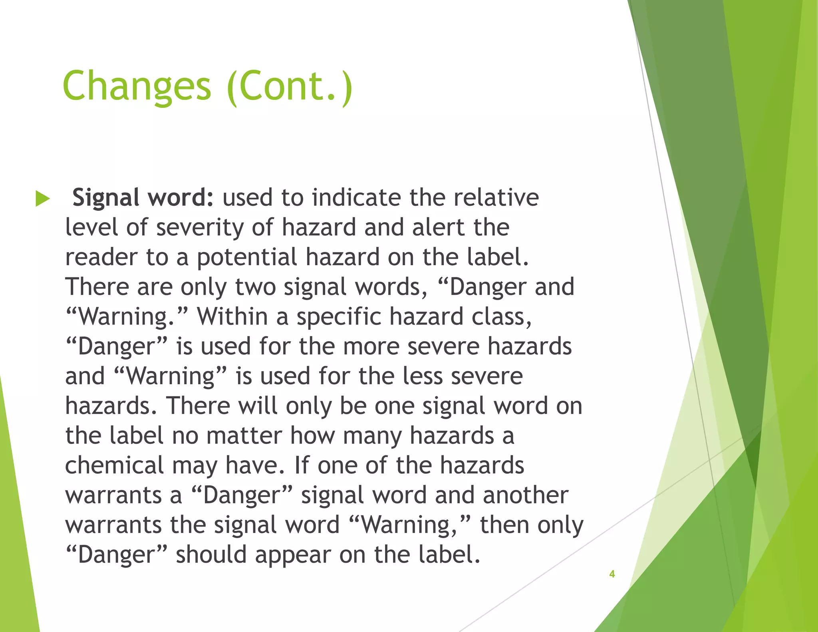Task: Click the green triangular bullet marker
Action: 42,199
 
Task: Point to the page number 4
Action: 612,574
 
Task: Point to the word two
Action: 255,287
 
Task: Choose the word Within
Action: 232,316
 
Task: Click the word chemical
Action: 115,465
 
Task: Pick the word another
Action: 525,495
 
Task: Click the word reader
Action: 101,257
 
